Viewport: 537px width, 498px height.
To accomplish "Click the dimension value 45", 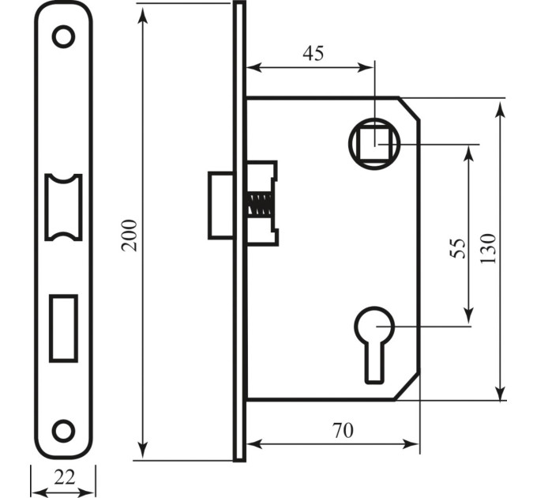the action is coord(313,54).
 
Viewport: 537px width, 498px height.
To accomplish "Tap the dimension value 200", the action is coord(130,236).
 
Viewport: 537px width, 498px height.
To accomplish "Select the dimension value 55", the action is coord(458,248).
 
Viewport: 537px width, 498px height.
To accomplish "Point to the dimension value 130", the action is coord(488,248).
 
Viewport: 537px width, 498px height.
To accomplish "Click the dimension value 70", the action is coord(343,431).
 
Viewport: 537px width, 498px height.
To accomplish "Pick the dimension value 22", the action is coord(65,477).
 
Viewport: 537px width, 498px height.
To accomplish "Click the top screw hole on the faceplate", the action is coord(63,36).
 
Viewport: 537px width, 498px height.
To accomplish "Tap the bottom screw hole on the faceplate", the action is coord(63,431).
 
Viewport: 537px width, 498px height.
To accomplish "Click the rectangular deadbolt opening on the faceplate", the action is coord(63,328).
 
